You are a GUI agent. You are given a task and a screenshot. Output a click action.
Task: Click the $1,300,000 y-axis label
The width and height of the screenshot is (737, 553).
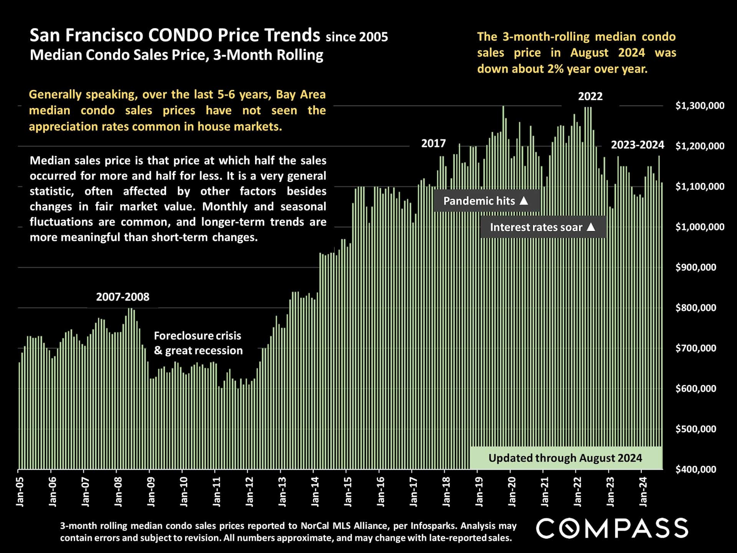[700, 106]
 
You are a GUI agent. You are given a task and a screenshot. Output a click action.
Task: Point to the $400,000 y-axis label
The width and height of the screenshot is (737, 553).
[696, 469]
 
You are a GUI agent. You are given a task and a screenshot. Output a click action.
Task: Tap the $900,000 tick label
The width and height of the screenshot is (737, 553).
[696, 267]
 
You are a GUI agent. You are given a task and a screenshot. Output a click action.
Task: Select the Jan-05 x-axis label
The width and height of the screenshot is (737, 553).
[20, 492]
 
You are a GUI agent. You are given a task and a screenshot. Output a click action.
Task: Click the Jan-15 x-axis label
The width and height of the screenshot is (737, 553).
[348, 492]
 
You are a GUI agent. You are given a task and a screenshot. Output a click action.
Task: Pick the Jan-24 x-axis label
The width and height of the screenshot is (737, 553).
[643, 492]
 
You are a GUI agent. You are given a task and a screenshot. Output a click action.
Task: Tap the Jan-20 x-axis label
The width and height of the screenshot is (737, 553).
[512, 492]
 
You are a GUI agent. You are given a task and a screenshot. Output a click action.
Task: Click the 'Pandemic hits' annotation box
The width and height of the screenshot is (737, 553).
[486, 201]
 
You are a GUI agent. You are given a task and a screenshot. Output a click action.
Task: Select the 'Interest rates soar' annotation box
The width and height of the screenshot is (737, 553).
[543, 227]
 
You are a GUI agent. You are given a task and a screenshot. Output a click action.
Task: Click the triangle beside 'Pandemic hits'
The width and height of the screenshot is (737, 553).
[524, 200]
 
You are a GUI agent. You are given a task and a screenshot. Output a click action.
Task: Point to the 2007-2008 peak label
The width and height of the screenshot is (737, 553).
[122, 297]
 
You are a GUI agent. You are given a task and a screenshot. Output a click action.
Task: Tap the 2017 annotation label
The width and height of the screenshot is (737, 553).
[433, 143]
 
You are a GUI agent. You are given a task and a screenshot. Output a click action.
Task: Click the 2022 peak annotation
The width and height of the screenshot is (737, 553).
[590, 96]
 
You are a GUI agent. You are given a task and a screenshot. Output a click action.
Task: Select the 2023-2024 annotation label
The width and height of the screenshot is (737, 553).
[637, 145]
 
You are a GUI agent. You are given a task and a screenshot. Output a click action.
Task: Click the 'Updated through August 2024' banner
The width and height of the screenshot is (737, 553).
[565, 458]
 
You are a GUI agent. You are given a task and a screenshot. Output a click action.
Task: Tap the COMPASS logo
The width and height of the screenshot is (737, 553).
[612, 528]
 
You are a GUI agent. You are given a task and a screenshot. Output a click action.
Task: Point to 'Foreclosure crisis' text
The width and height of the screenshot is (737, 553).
[197, 336]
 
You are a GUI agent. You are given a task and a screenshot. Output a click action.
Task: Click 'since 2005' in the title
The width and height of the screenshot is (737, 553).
[357, 37]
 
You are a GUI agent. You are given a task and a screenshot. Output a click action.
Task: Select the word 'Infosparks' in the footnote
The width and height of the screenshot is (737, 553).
[433, 526]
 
